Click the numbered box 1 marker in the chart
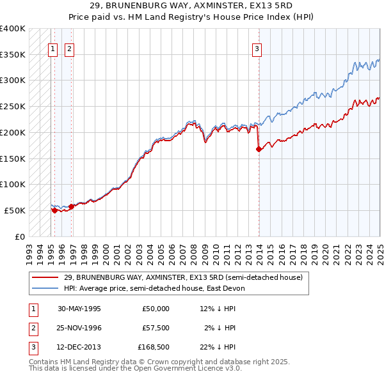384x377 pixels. (x=52, y=47)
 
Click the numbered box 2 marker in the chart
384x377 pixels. (x=68, y=47)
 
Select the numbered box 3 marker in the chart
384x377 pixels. (x=257, y=47)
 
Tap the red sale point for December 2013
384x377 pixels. (x=259, y=149)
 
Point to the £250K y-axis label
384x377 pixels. (x=13, y=107)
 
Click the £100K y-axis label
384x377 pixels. (x=13, y=185)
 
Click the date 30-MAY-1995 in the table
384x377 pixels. (x=79, y=308)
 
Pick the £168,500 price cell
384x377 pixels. (x=154, y=348)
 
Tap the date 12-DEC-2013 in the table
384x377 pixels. (x=79, y=348)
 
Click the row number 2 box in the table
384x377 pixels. (x=32, y=328)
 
